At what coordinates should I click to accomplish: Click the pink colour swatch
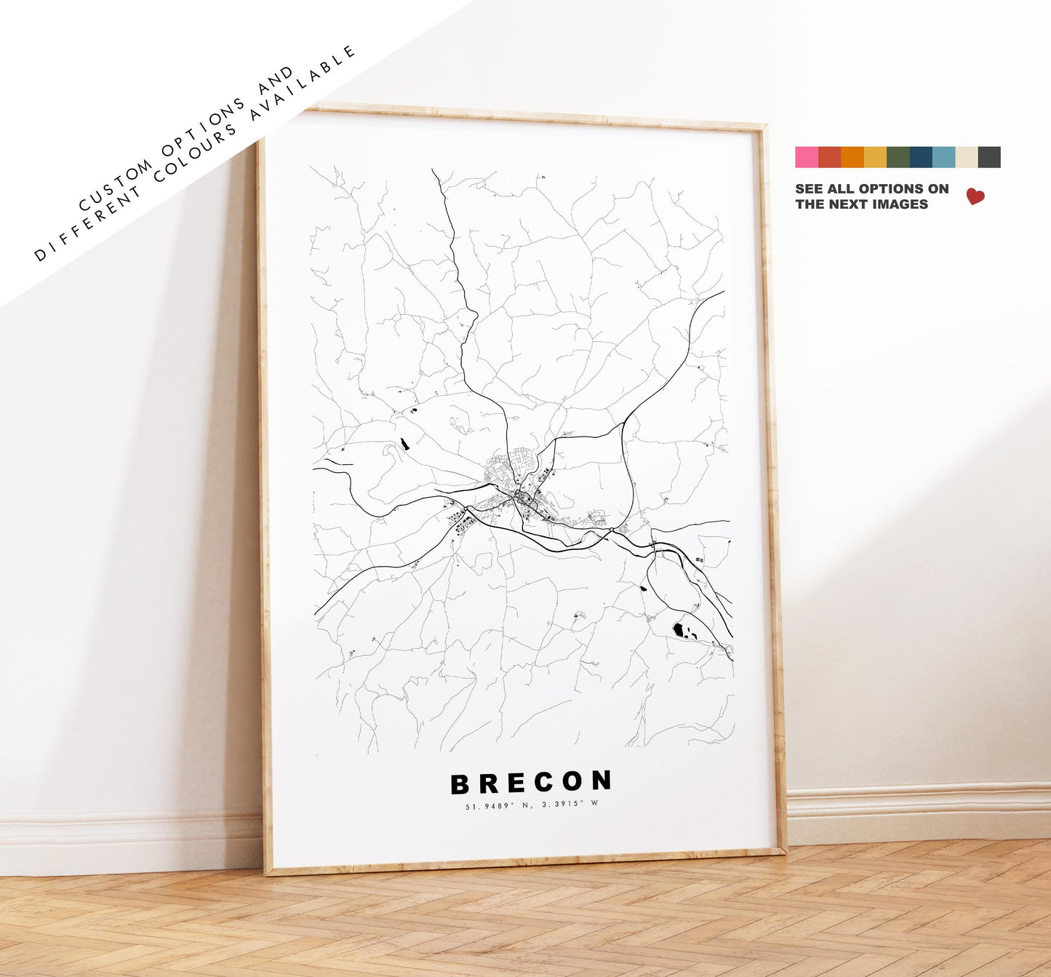click(807, 157)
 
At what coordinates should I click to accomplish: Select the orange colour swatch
click(852, 157)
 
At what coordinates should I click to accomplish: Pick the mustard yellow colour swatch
click(875, 157)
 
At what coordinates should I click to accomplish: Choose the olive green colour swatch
click(898, 157)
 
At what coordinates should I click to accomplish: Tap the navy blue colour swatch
click(921, 157)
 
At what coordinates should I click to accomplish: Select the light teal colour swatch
click(943, 157)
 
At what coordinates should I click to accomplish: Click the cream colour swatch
click(967, 157)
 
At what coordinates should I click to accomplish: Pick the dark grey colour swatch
click(989, 157)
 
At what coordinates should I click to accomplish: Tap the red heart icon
click(975, 196)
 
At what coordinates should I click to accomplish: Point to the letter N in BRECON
click(602, 781)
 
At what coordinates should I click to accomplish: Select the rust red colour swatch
click(829, 157)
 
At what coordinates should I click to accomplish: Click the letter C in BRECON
click(540, 783)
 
